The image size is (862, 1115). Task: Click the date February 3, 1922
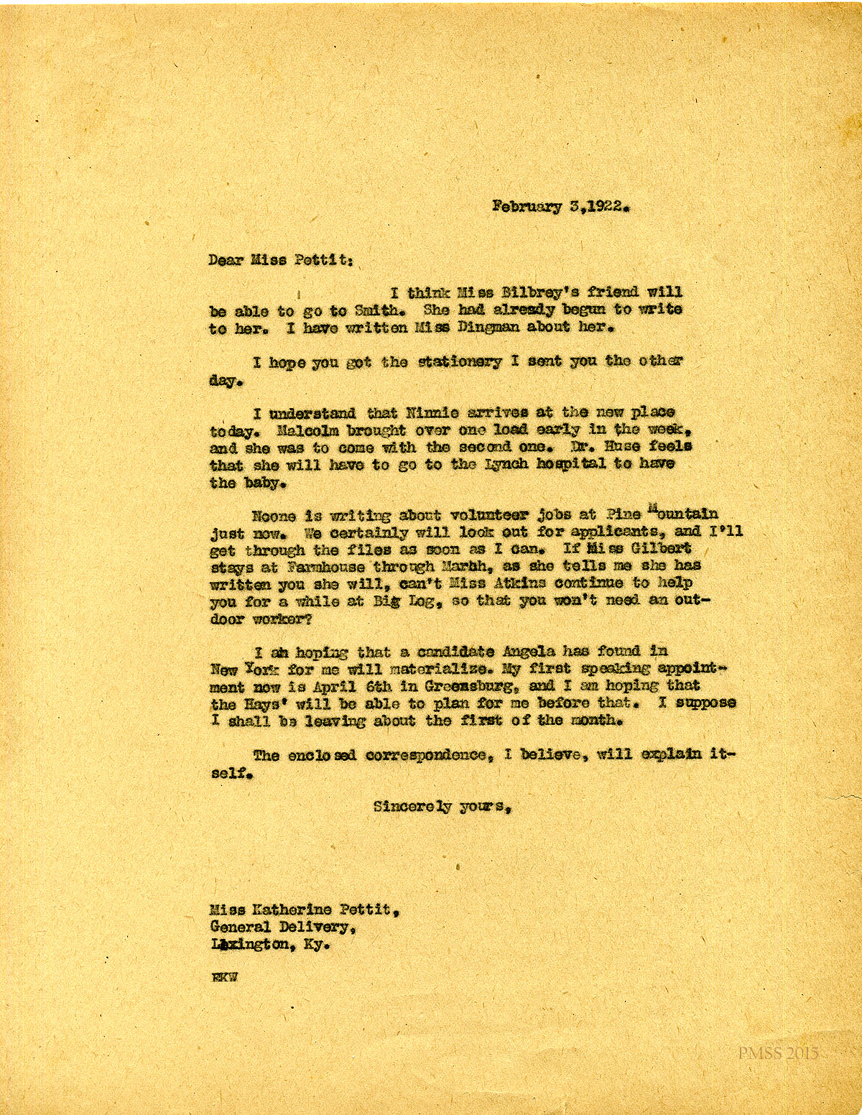tap(561, 207)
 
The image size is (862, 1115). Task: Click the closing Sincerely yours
tap(442, 807)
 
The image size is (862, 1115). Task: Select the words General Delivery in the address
tap(279, 927)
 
